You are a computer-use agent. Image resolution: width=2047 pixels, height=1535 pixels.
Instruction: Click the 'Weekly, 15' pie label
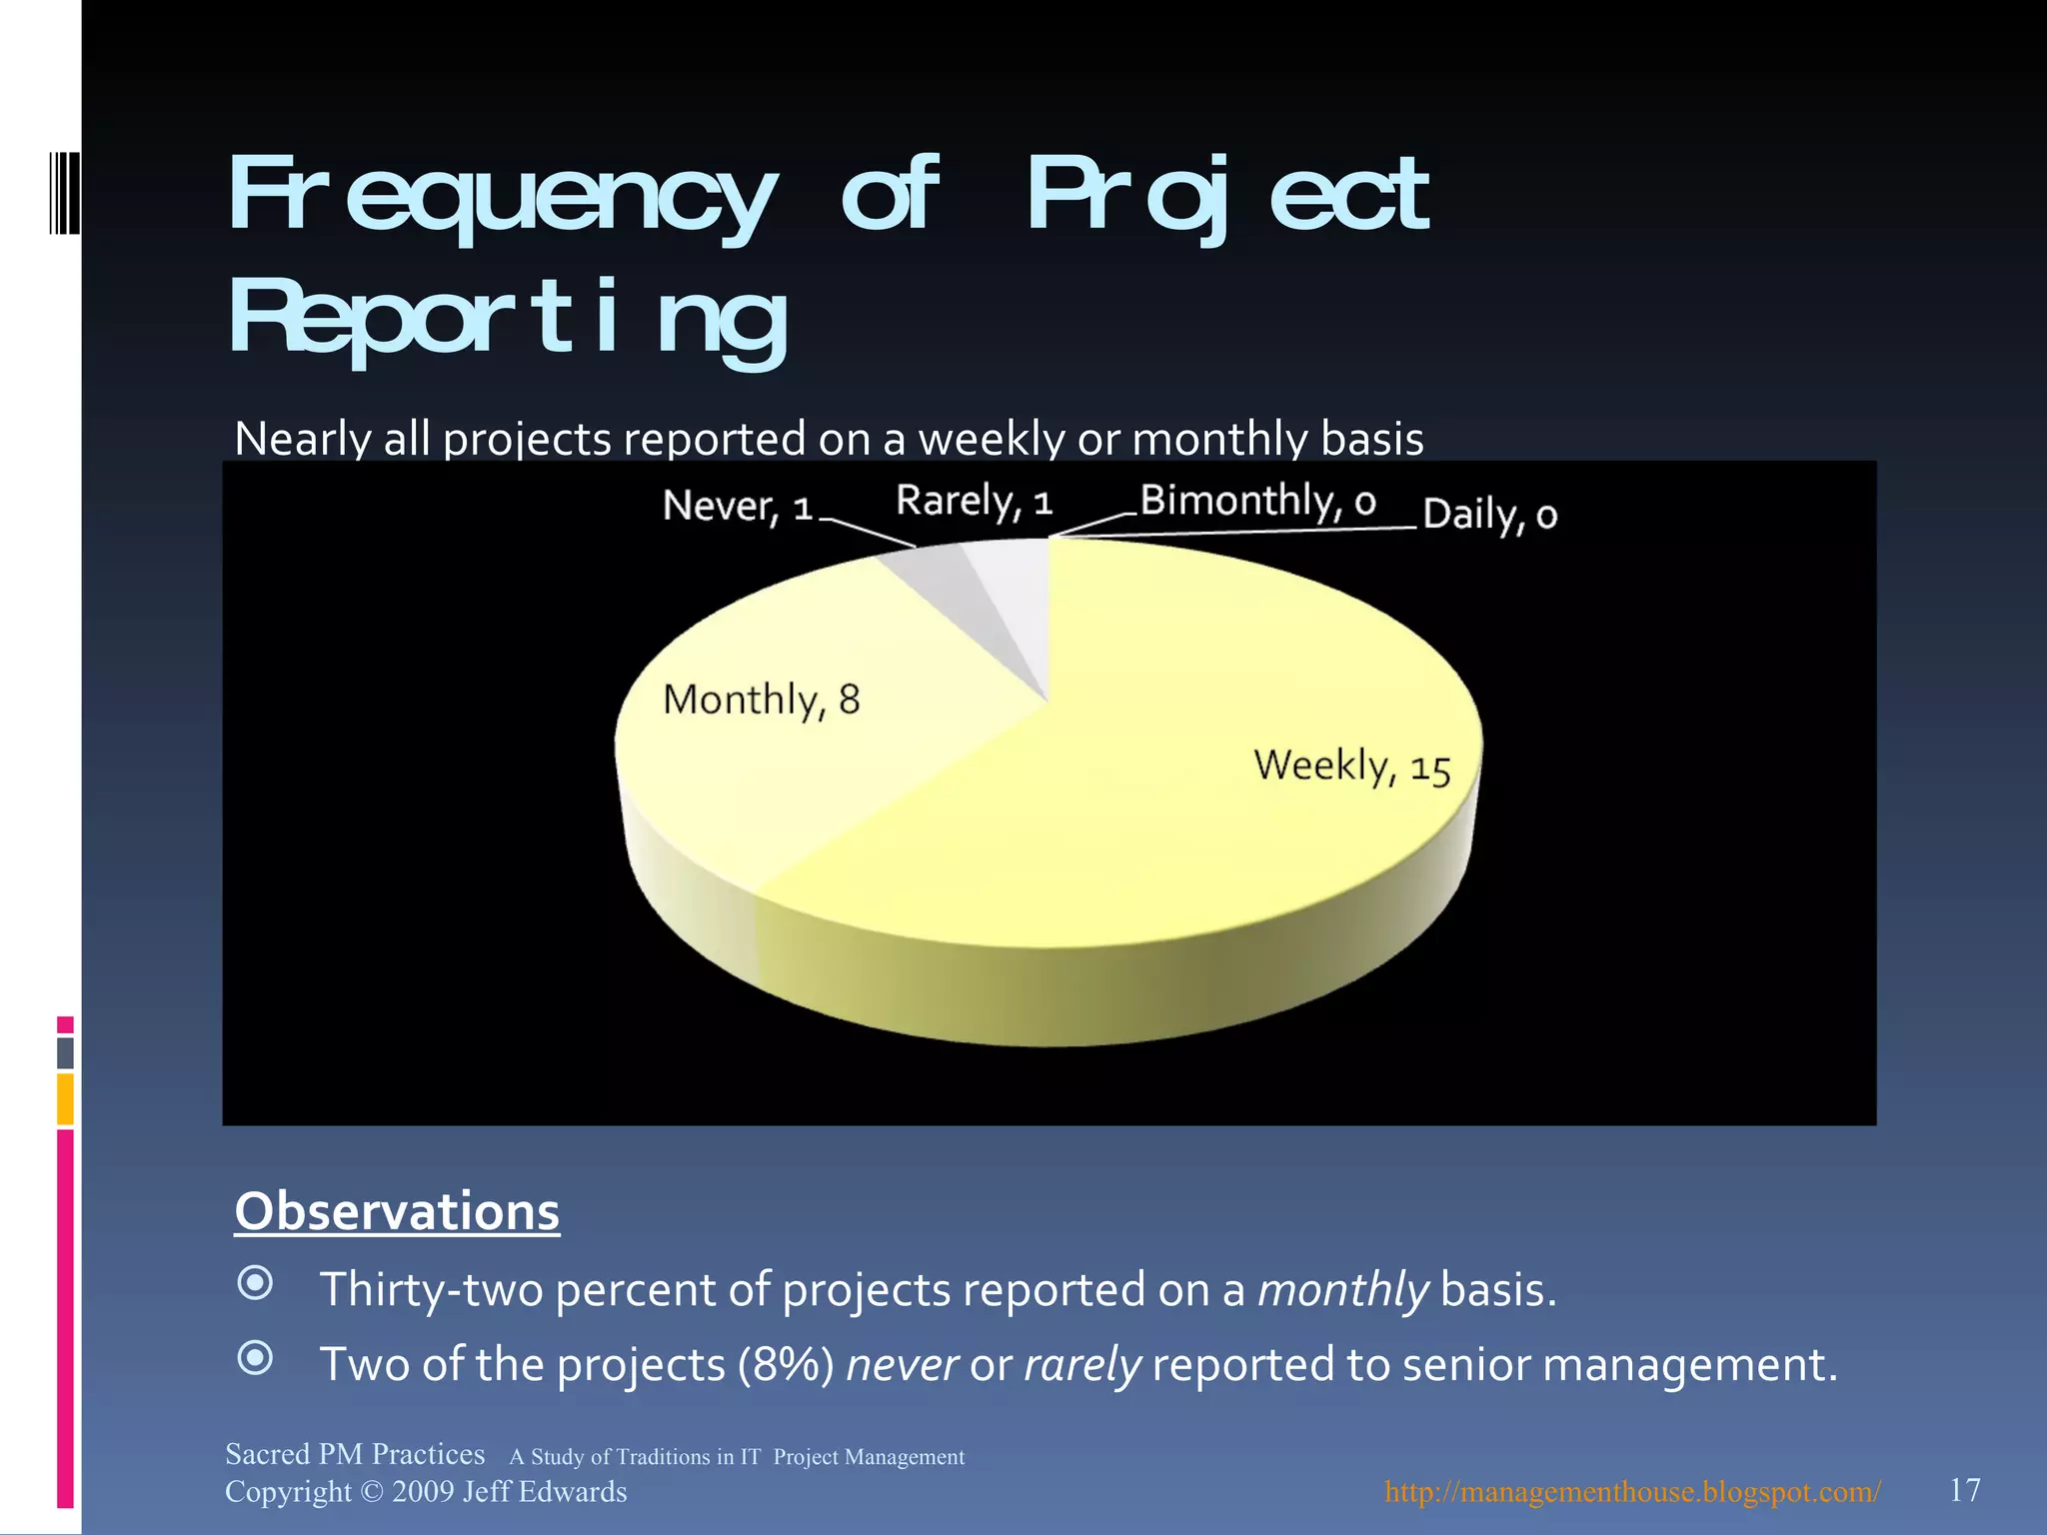click(x=1351, y=767)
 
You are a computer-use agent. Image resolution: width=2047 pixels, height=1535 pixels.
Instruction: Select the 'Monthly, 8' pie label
click(x=762, y=700)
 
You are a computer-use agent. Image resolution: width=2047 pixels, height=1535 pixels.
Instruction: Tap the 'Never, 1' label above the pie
click(x=738, y=507)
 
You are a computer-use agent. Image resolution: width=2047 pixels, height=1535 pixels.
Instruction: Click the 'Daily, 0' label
click(x=1489, y=515)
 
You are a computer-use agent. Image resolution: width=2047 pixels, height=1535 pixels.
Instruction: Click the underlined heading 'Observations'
click(x=397, y=1211)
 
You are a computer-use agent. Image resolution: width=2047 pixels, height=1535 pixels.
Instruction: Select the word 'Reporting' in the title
click(x=510, y=318)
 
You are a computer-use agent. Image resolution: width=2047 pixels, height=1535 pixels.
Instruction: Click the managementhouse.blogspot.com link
click(x=1632, y=1492)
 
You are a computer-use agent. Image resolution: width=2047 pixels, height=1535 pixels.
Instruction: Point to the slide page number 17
click(x=1964, y=1490)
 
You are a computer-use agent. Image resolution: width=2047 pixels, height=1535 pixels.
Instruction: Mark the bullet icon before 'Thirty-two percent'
click(x=256, y=1282)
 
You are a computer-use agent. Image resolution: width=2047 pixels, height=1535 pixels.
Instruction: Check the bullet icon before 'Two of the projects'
click(x=256, y=1357)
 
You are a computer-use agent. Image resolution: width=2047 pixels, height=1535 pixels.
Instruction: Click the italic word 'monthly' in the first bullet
click(x=1342, y=1290)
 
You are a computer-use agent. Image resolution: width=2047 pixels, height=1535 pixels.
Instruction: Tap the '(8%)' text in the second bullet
click(x=786, y=1365)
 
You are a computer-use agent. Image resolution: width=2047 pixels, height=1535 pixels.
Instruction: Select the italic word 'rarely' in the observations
click(x=1081, y=1365)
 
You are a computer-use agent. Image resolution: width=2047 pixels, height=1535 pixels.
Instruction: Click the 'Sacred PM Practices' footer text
click(x=355, y=1454)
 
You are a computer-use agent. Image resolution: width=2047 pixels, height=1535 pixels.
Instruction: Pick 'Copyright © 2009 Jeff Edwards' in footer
click(x=426, y=1492)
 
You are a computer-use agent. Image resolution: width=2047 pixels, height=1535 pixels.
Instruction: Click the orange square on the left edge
click(x=65, y=1098)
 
